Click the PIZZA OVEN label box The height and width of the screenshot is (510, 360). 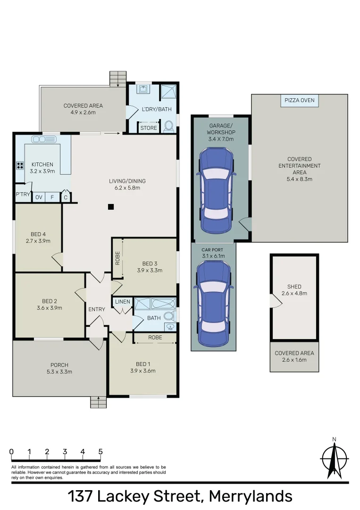[299, 101]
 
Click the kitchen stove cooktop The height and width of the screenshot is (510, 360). [20, 165]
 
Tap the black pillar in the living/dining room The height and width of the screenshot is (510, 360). [110, 206]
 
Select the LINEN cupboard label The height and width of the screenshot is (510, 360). [123, 301]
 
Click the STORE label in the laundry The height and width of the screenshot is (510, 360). [148, 128]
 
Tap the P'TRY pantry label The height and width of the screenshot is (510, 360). [23, 194]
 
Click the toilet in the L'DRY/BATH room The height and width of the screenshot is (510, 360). [170, 126]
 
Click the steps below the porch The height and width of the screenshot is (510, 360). [99, 402]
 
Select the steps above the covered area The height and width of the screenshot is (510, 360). [118, 78]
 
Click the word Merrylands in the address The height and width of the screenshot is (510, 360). [250, 496]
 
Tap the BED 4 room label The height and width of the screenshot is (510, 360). [38, 234]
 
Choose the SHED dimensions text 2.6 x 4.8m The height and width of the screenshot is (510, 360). [294, 293]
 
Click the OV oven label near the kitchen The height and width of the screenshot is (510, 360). [39, 197]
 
